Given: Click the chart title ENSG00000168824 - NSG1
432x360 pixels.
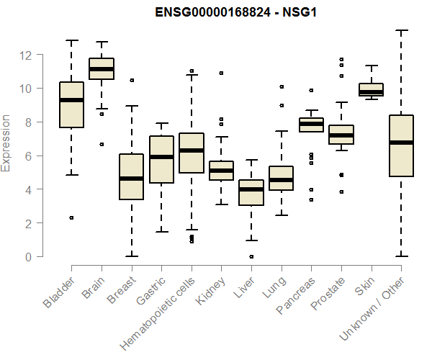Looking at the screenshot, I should pyautogui.click(x=236, y=12).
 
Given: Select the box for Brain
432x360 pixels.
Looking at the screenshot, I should pyautogui.click(x=102, y=68).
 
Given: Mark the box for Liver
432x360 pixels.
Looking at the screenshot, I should pyautogui.click(x=251, y=192).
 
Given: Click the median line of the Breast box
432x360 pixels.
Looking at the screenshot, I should pyautogui.click(x=131, y=179).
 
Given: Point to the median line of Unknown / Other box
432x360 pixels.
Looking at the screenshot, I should pyautogui.click(x=401, y=143).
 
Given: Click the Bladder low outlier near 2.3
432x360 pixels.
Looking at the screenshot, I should pyautogui.click(x=71, y=217).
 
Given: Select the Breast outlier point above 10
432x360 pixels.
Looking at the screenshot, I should pyautogui.click(x=131, y=80).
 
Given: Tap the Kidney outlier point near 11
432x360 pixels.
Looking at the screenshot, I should pyautogui.click(x=221, y=73).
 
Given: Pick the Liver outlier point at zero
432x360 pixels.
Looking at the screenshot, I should pyautogui.click(x=251, y=256).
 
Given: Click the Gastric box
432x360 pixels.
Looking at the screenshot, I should pyautogui.click(x=161, y=159).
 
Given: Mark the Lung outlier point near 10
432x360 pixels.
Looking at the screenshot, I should pyautogui.click(x=281, y=87).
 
